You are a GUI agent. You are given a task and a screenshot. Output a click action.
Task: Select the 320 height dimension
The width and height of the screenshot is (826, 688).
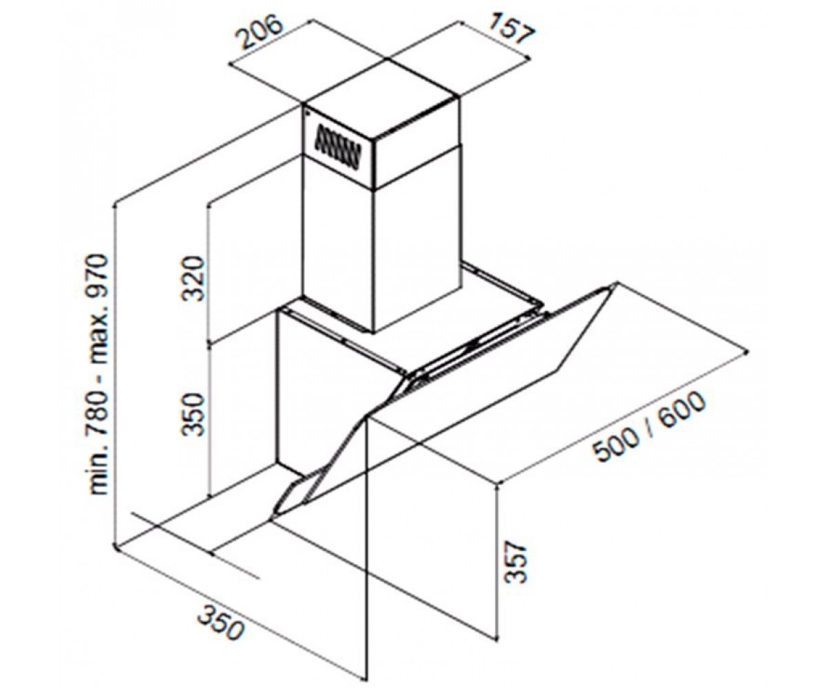pos(194,279)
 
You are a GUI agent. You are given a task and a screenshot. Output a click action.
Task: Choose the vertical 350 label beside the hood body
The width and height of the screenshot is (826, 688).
pos(194,413)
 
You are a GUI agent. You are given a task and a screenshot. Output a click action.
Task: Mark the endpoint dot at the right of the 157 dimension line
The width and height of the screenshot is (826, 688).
pos(529,57)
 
